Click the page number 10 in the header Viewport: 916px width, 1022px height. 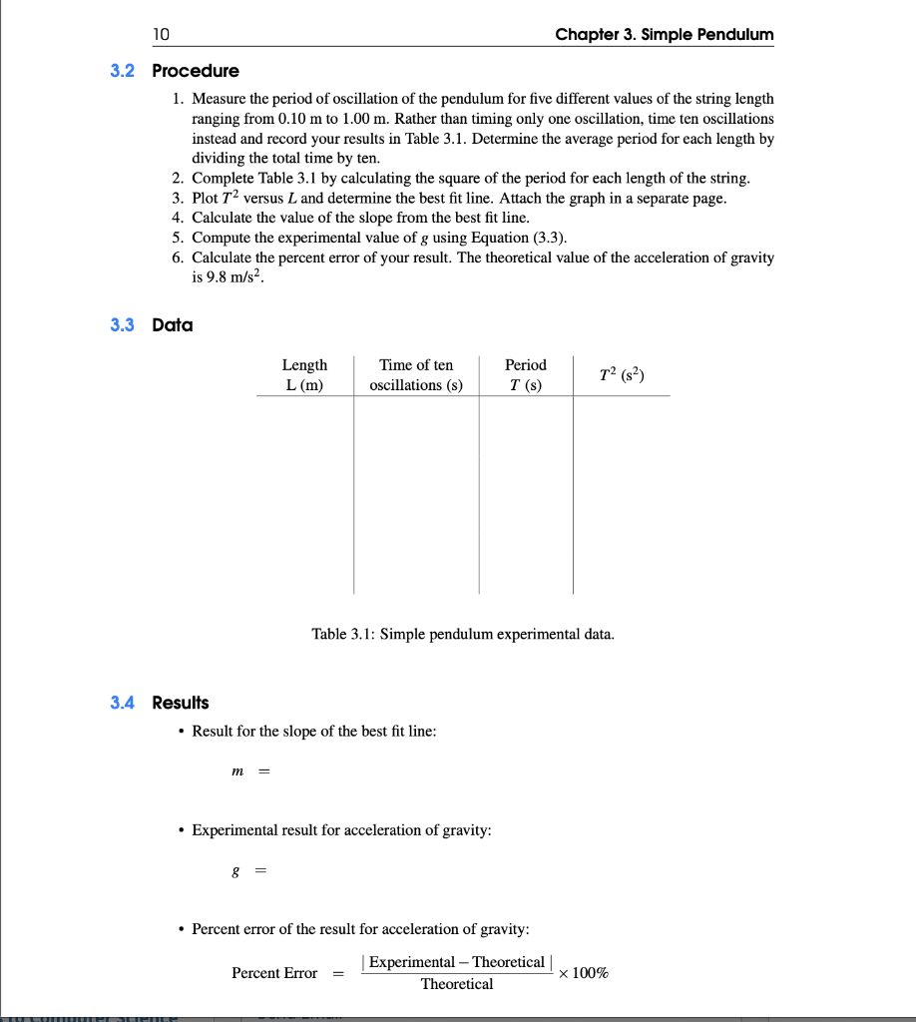162,35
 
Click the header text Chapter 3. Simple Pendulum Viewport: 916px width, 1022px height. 664,35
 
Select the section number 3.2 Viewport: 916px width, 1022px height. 123,71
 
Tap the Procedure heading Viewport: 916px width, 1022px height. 196,71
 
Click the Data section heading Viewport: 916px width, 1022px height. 173,325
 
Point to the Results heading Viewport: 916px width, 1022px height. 181,703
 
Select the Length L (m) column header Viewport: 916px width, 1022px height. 304,375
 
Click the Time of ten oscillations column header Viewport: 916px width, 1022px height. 416,375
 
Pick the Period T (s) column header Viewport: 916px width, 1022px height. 525,375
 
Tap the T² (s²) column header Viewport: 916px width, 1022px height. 623,375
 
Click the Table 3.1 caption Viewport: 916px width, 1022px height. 463,634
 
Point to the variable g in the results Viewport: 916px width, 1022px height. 235,871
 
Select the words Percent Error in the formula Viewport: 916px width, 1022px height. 274,973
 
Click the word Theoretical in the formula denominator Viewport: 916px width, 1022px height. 456,985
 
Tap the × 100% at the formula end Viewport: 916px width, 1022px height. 585,973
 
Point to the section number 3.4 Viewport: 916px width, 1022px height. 123,703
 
